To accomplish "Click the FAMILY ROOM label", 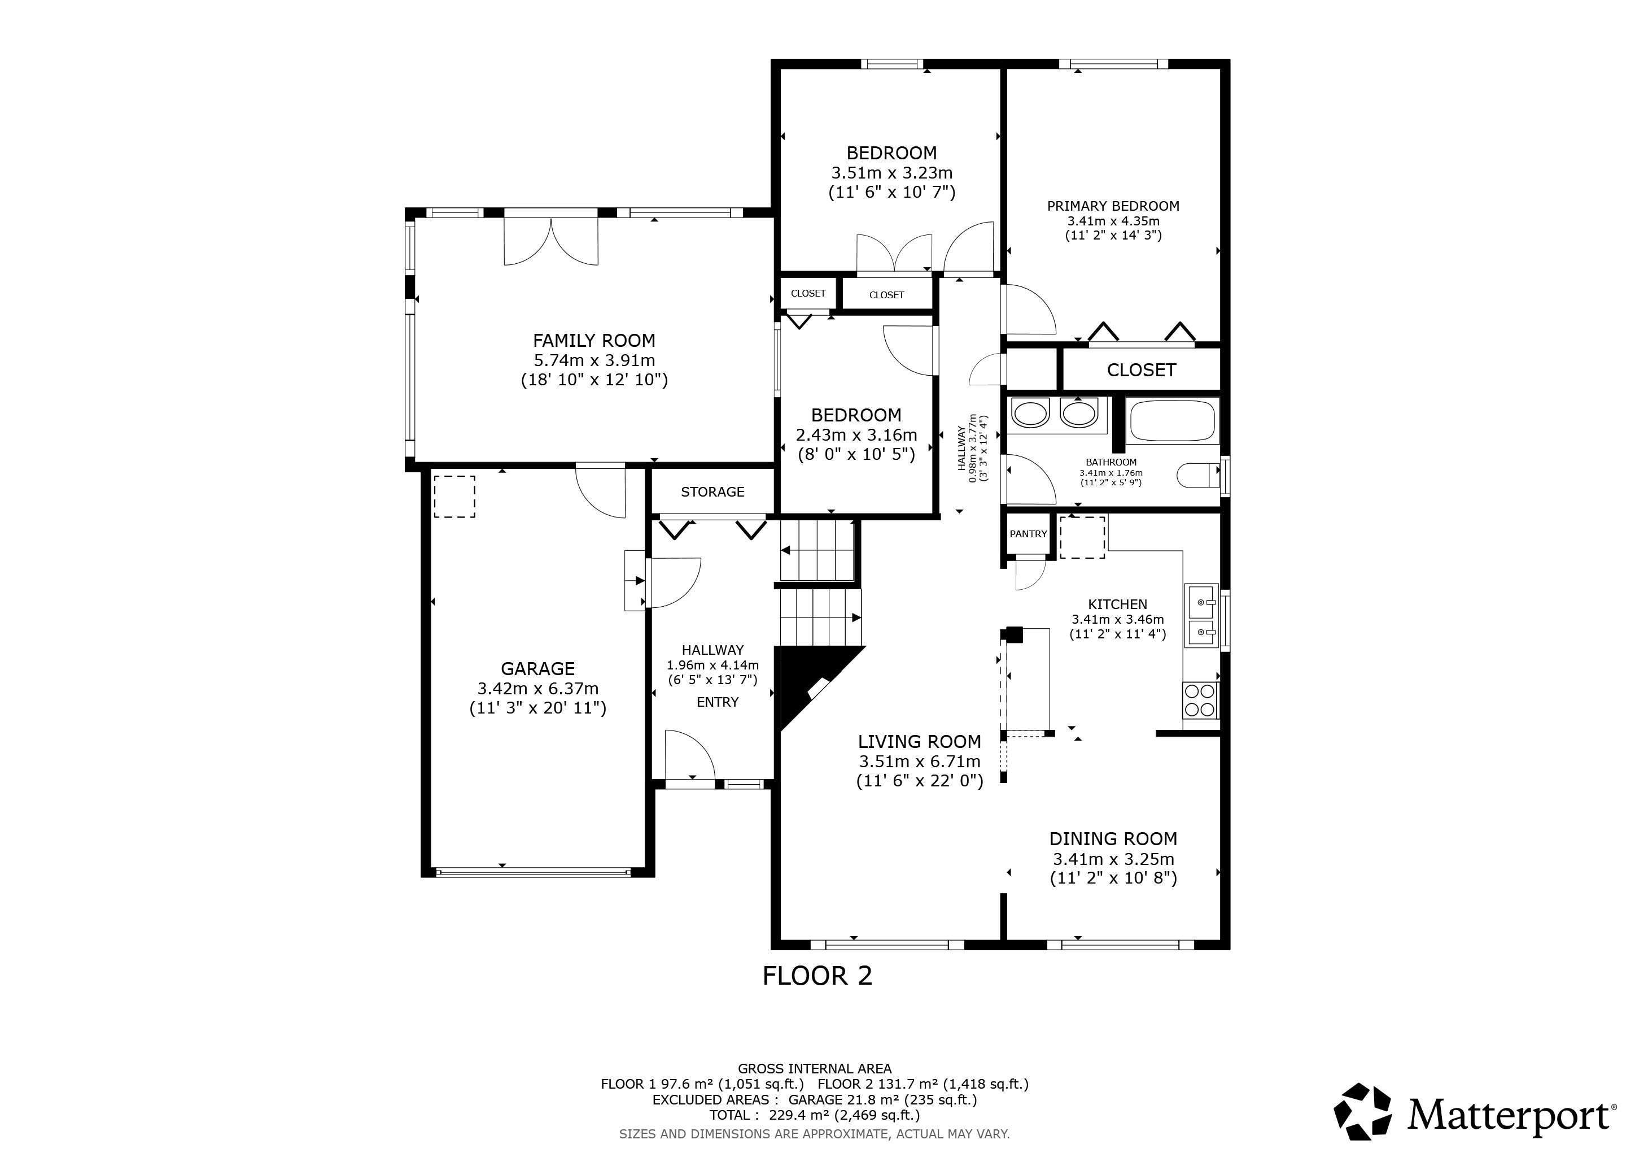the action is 594,341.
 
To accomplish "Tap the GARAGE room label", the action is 537,668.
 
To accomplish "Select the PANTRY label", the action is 1028,534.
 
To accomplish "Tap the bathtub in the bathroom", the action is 1172,420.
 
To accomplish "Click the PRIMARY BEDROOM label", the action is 1113,206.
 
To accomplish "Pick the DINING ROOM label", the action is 1113,838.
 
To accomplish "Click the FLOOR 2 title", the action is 817,975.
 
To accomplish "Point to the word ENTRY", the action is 717,702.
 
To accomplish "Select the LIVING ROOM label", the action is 919,742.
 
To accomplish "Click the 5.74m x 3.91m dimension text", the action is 594,360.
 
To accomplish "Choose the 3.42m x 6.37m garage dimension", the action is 537,688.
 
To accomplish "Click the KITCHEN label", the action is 1117,604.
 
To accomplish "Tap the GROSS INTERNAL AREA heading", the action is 815,1069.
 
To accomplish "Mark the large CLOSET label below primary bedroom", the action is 1141,370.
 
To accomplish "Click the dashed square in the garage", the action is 454,497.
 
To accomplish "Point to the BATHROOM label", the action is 1111,462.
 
